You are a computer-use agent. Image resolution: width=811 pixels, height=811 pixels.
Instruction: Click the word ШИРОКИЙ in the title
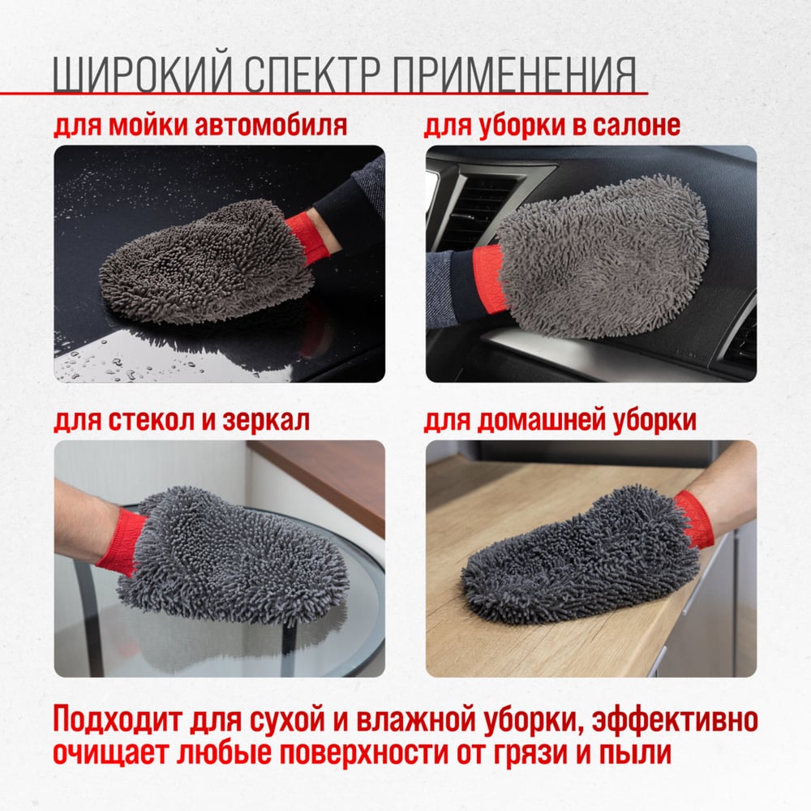coord(142,74)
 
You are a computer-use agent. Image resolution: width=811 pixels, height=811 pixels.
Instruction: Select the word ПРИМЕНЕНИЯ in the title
coord(514,74)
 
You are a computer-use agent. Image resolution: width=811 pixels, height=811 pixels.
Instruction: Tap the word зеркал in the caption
coord(266,420)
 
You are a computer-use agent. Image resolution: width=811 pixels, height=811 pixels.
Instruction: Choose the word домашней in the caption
coord(540,420)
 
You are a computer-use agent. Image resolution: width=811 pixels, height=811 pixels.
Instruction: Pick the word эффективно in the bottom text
coord(675,719)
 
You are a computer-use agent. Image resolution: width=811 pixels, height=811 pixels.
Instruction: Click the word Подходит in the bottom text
coord(118,719)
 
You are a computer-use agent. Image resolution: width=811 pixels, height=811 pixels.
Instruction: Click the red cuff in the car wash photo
coord(307,237)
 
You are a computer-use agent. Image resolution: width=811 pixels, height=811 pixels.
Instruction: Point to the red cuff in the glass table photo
coord(119,542)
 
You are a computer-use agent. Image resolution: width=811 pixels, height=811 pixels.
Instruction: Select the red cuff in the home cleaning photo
coord(695,519)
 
